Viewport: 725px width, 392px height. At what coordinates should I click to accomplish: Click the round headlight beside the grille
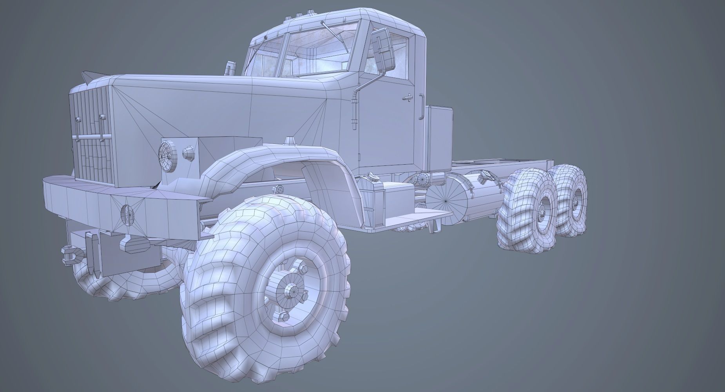tap(168, 155)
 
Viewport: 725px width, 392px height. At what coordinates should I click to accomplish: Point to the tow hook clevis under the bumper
tap(71, 254)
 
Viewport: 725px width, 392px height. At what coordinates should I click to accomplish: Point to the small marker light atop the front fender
tap(290, 140)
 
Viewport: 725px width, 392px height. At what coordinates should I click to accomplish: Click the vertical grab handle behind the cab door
tap(421, 106)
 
